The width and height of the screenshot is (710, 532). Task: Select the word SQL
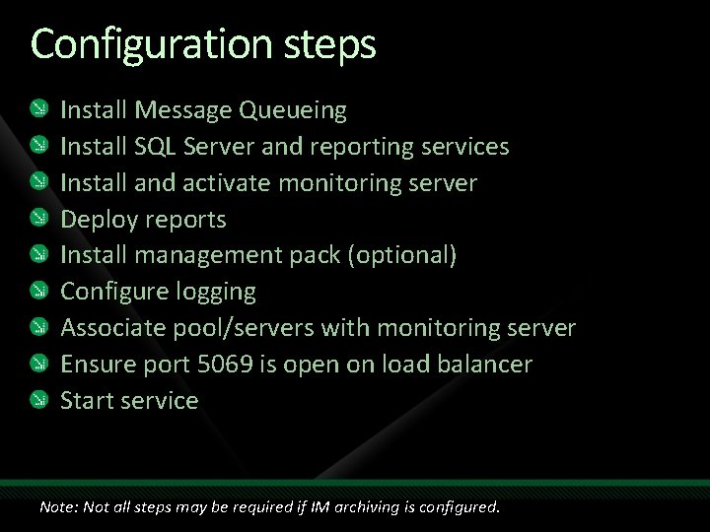click(156, 147)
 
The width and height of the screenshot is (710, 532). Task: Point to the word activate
click(231, 183)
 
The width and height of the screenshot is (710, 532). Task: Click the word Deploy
click(100, 220)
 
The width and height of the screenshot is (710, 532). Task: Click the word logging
click(215, 293)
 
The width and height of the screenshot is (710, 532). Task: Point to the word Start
click(87, 401)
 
